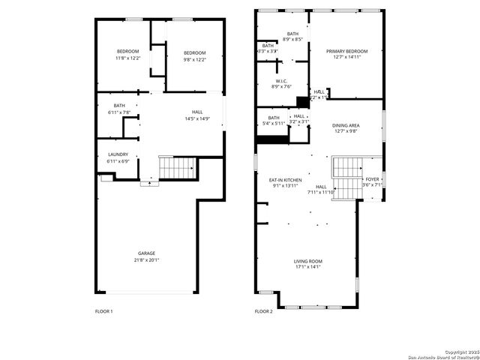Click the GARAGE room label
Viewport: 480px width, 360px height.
(147, 253)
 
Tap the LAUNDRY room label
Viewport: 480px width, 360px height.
(118, 154)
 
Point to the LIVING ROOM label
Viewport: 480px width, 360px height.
(308, 260)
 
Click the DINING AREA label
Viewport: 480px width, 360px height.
(346, 125)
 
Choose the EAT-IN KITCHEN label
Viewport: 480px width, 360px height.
(286, 180)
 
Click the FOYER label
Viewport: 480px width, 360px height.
(372, 179)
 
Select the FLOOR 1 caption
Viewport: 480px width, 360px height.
(103, 311)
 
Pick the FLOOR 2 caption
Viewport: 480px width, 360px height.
(263, 311)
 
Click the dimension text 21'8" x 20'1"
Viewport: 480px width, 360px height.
(147, 260)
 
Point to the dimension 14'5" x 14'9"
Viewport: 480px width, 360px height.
(197, 118)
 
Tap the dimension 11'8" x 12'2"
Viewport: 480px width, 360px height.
(127, 58)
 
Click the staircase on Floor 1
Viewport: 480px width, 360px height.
(177, 167)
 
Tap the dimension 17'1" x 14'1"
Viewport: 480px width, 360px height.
(308, 266)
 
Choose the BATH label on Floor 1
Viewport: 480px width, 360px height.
(119, 106)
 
